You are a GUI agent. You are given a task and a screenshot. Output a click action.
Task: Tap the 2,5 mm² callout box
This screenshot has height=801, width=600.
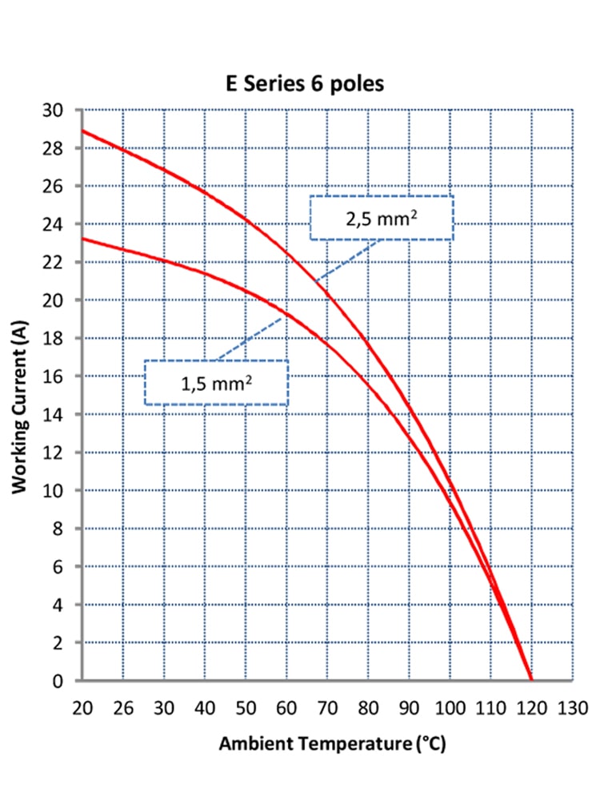click(381, 218)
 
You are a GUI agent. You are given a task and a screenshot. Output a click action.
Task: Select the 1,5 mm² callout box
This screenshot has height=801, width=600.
click(216, 382)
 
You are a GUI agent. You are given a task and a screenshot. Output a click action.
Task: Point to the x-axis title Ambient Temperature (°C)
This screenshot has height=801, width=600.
click(332, 743)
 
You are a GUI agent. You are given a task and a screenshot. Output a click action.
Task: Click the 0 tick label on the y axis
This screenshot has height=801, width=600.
click(68, 681)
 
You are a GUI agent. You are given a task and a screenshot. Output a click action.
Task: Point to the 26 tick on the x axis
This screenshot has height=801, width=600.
click(122, 708)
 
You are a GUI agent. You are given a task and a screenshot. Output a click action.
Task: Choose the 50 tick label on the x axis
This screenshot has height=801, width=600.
click(245, 708)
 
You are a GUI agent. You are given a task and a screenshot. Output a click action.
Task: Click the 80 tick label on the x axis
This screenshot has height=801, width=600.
click(367, 708)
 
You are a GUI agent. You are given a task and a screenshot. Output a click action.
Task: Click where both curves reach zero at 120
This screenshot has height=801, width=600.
click(530, 680)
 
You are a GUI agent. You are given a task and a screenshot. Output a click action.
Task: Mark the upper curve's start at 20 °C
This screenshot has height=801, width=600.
click(82, 131)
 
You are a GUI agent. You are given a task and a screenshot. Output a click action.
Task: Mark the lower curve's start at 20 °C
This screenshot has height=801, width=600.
click(82, 239)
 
